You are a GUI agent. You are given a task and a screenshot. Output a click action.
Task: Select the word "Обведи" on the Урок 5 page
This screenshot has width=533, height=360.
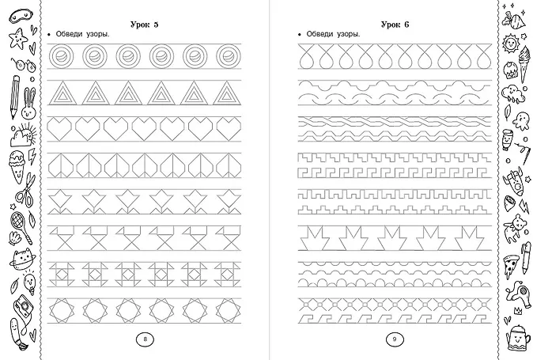coord(71,34)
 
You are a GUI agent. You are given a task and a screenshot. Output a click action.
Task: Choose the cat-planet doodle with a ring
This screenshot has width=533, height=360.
coord(22,257)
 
